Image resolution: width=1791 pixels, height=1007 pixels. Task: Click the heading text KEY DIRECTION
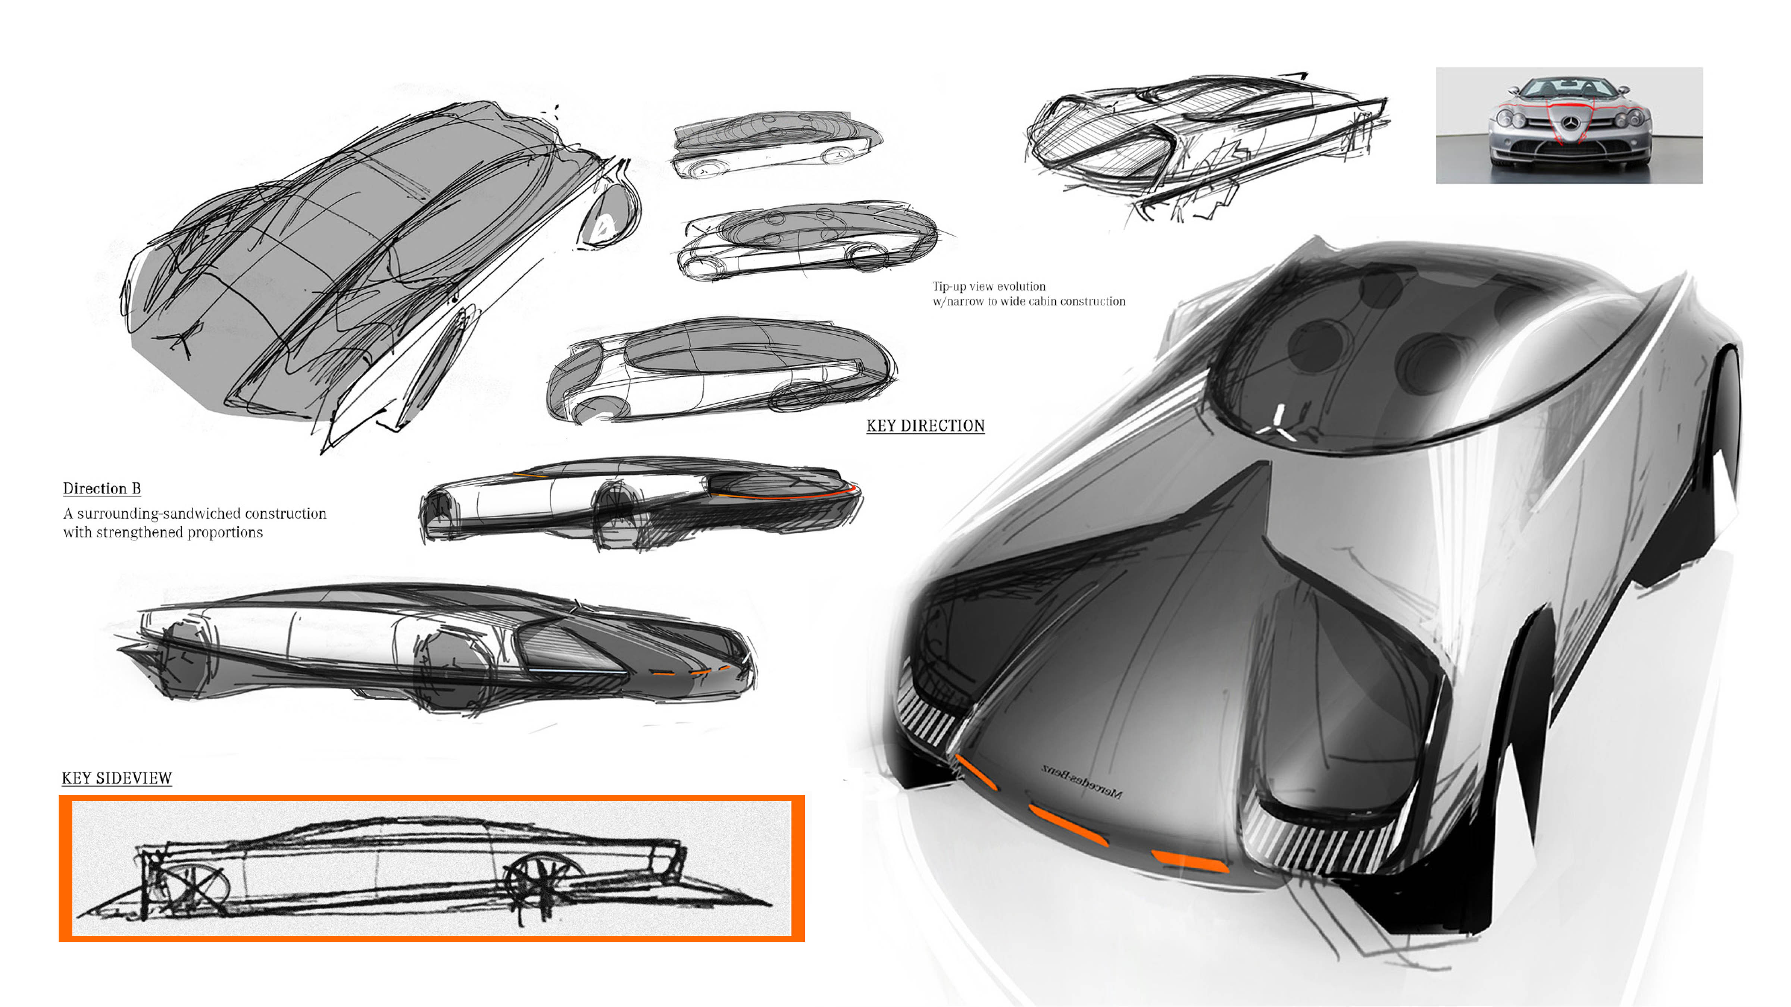coord(925,425)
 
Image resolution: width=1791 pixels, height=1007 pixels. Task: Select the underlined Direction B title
coord(102,489)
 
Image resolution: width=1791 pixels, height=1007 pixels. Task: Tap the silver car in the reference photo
coord(1569,125)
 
